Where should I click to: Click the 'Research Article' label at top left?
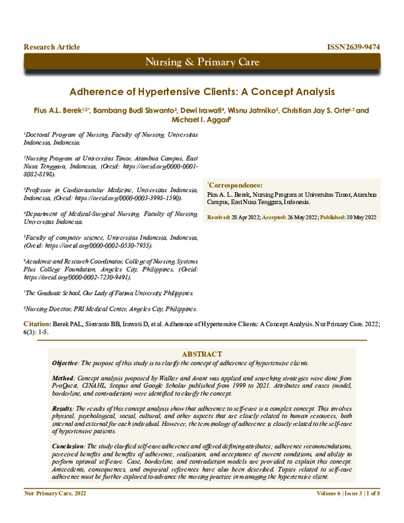(x=52, y=47)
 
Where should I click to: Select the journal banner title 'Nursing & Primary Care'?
(x=202, y=63)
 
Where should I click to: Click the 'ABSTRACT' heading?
(x=201, y=355)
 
